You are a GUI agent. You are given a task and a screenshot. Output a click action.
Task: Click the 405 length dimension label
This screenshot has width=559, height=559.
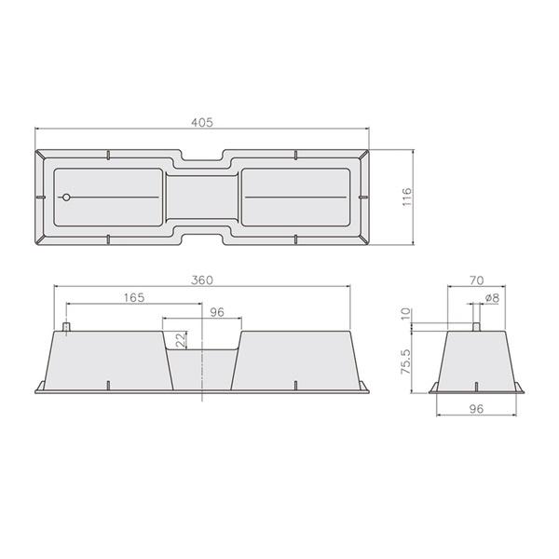[202, 122]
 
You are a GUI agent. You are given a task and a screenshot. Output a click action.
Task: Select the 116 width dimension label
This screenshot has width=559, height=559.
[407, 197]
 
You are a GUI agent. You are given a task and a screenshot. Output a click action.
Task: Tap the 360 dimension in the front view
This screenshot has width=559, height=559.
[202, 280]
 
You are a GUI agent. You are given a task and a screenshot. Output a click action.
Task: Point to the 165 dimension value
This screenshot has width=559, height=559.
[134, 297]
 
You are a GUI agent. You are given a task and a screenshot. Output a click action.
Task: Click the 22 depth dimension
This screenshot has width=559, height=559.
[181, 340]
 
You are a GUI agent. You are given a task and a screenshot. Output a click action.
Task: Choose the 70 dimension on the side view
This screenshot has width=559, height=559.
[477, 280]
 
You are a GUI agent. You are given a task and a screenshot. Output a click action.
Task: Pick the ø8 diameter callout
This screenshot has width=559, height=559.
[492, 298]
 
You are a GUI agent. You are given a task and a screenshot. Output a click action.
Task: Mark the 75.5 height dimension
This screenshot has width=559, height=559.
[406, 361]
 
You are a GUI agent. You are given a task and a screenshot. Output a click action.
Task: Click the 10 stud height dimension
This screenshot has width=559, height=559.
[406, 314]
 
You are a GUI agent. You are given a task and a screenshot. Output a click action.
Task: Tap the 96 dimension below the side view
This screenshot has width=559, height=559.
[476, 409]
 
